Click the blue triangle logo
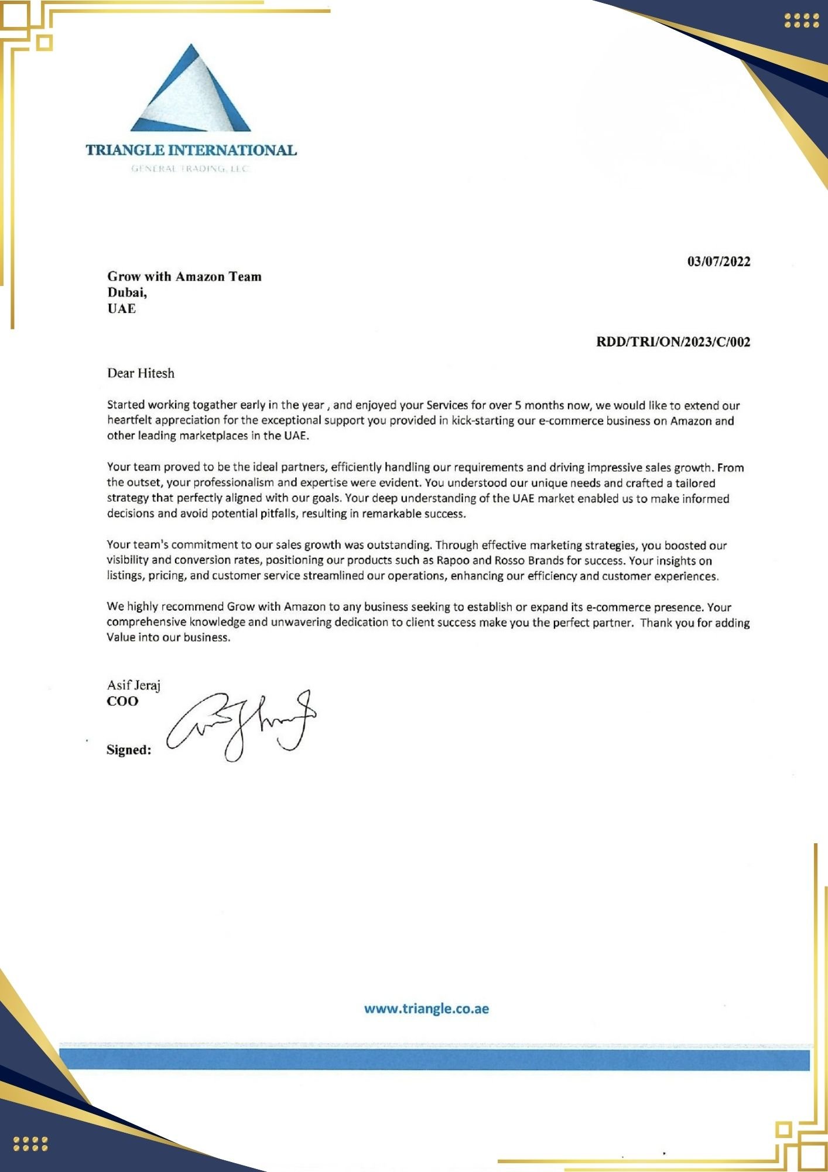pos(191,91)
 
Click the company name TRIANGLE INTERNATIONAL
pos(191,151)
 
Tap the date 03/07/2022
pos(718,261)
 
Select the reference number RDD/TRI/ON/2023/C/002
pos(673,342)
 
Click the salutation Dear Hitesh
pos(141,373)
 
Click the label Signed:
pos(129,750)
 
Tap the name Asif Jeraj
pos(134,685)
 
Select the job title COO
pos(122,701)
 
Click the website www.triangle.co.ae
pos(426,1009)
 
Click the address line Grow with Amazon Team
pos(184,277)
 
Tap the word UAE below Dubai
pos(121,309)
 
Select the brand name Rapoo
pos(453,560)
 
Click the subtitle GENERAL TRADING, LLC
pos(190,169)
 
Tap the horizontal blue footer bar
pos(434,1060)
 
